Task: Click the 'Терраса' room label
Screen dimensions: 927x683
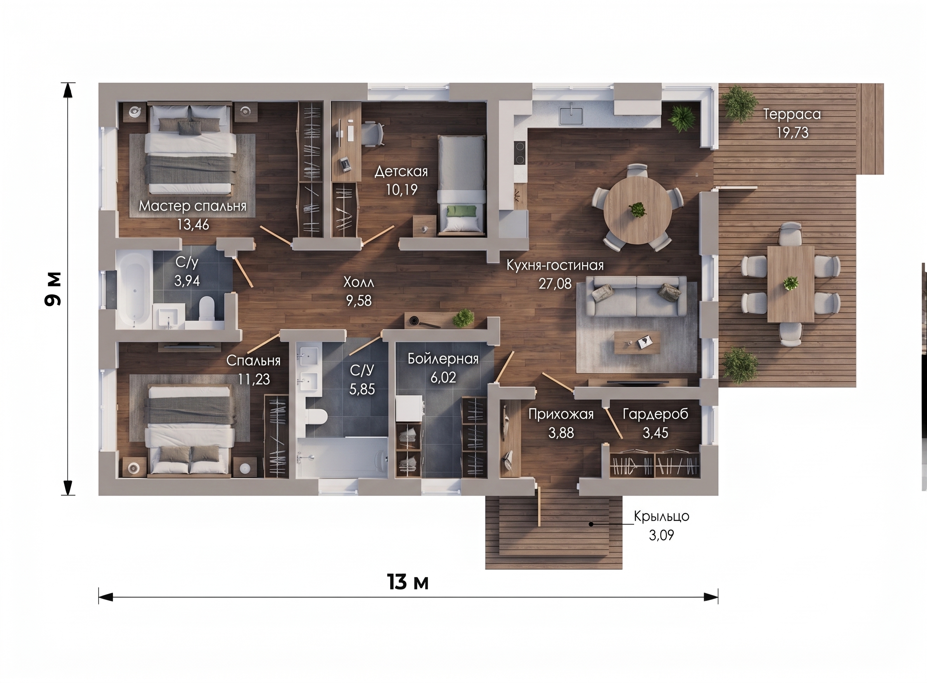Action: coord(792,114)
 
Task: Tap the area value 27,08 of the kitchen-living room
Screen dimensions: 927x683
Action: coord(555,284)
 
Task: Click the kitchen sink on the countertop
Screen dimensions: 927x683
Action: coord(571,116)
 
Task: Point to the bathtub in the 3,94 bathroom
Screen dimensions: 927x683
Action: coord(134,289)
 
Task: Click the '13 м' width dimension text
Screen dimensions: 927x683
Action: coord(408,582)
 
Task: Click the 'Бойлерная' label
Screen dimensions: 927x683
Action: coord(443,359)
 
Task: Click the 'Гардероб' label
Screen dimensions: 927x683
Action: coord(655,414)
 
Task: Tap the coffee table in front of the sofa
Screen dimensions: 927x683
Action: coord(637,342)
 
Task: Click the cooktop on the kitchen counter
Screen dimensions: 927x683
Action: coord(520,153)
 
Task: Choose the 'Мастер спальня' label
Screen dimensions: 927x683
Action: coord(192,206)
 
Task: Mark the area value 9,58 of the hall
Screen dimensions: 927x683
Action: coord(359,301)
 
